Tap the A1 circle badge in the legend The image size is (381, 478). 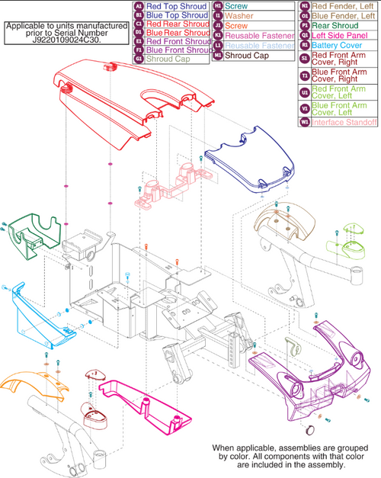[x=139, y=5]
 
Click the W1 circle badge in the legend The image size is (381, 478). [x=305, y=120]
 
